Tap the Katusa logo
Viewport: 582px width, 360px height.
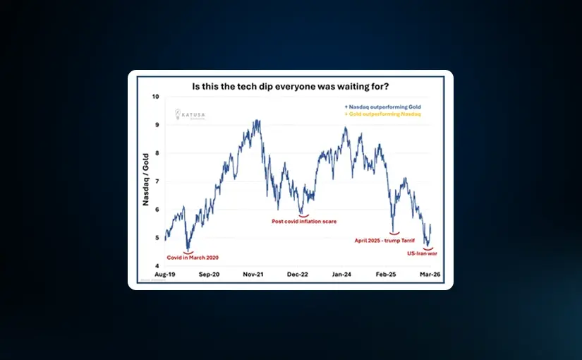click(186, 115)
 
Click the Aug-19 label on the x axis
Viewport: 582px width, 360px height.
click(166, 275)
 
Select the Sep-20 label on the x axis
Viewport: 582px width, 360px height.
click(211, 275)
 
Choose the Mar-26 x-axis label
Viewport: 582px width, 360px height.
click(431, 275)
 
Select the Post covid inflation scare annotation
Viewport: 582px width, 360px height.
click(304, 222)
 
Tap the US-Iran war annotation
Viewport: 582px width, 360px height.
click(423, 253)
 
